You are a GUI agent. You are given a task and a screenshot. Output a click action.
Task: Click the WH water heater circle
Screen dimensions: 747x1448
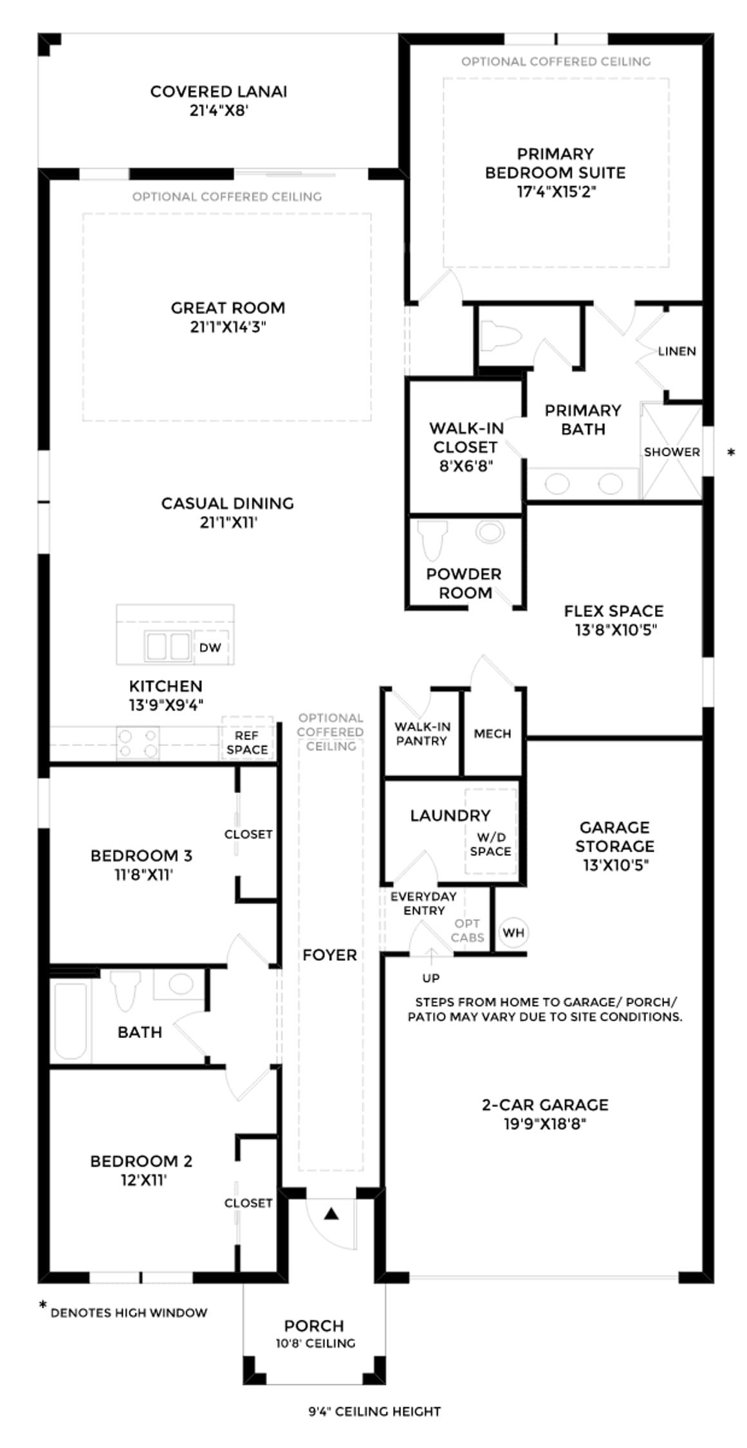513,932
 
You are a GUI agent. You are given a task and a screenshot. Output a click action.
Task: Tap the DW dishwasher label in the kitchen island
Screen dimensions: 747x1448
210,647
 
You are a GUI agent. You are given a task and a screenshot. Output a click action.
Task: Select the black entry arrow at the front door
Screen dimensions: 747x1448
331,1214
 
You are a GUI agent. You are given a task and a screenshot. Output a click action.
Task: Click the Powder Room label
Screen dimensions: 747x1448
464,583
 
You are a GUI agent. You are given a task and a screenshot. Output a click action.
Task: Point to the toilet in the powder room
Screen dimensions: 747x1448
432,539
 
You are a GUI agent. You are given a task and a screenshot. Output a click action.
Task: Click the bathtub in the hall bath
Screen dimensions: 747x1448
70,1021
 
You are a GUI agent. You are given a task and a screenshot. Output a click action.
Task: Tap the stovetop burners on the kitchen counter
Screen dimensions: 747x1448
138,743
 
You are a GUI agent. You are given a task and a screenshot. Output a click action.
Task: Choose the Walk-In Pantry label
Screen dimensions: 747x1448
422,734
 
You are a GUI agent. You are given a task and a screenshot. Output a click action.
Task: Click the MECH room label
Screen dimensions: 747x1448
492,734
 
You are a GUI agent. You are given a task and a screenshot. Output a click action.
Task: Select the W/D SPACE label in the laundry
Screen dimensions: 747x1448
490,844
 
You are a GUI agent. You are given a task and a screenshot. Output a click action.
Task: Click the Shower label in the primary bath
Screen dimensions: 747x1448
672,452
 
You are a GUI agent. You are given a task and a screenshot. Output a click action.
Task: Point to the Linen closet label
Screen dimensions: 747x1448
677,351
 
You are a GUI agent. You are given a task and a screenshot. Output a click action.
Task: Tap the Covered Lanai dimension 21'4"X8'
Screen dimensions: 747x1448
219,110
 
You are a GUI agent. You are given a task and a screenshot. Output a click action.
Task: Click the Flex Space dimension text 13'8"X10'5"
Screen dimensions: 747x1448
616,629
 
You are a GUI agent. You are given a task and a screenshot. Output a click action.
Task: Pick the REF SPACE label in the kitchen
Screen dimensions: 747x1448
247,742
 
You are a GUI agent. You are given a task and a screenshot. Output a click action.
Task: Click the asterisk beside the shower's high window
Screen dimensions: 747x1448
731,453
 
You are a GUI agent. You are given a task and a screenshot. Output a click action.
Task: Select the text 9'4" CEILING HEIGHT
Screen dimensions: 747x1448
374,1411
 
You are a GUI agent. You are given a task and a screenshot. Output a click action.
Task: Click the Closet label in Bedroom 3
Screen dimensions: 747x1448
248,834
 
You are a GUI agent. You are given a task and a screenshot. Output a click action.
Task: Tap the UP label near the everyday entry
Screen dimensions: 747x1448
431,978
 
